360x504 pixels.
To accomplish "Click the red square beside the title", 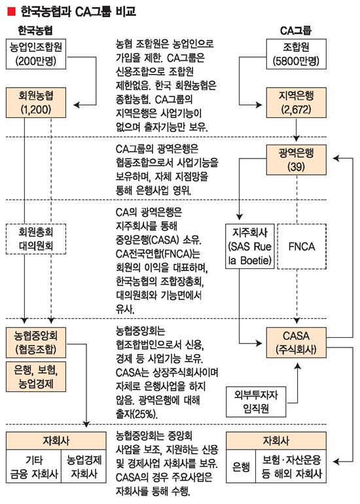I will click(x=10, y=11).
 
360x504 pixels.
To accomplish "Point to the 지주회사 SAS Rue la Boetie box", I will click(x=250, y=246).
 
